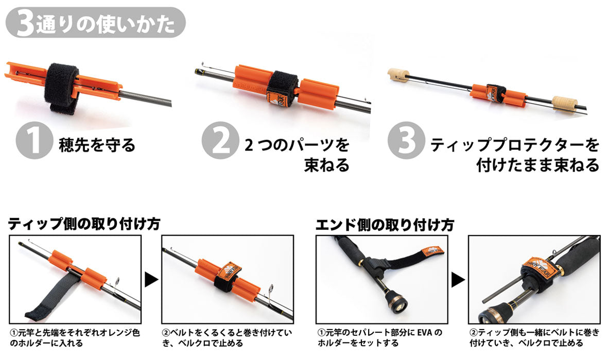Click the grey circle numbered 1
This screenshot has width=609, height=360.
[34, 141]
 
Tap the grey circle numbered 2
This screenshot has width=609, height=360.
[220, 141]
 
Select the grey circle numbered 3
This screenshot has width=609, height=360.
[406, 141]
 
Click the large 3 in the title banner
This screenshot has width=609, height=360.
[25, 23]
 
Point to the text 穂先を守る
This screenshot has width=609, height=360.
[97, 145]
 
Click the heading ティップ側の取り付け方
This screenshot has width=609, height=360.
[84, 224]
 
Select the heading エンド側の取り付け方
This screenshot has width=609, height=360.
[385, 225]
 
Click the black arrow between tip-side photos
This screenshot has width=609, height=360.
[151, 280]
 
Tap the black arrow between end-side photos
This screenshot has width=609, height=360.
[458, 280]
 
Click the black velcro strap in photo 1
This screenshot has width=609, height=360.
[62, 88]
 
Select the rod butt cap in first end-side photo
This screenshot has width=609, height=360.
[397, 306]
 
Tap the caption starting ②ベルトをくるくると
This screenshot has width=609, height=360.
[227, 338]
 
